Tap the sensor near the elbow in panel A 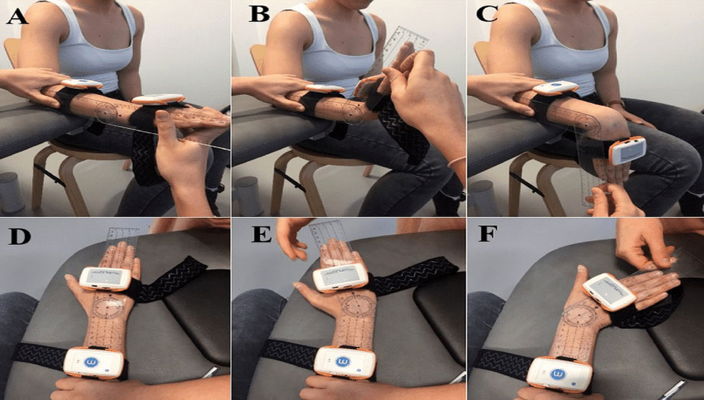(82, 84)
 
